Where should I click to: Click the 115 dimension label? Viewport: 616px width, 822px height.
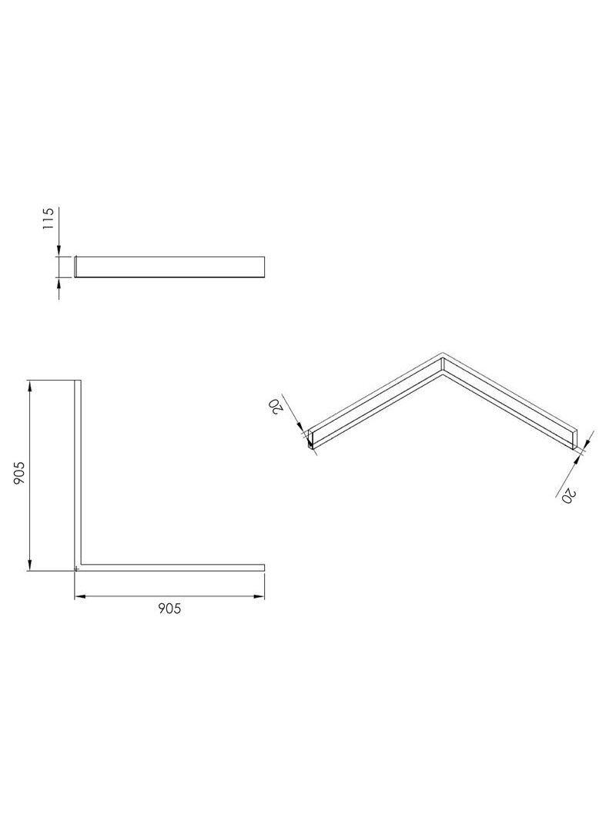(49, 219)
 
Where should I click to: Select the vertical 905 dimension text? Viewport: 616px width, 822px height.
(18, 473)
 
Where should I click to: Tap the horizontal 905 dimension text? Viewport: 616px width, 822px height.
(169, 608)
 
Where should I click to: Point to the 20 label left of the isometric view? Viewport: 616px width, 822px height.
(274, 406)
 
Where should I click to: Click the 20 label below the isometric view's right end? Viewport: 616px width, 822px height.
(569, 495)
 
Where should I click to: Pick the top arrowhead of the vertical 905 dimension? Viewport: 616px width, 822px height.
(30, 387)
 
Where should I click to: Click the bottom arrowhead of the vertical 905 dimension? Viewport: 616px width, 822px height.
(30, 564)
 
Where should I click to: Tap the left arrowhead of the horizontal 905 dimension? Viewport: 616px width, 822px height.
(80, 596)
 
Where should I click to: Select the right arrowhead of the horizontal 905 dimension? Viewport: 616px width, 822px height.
(258, 596)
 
